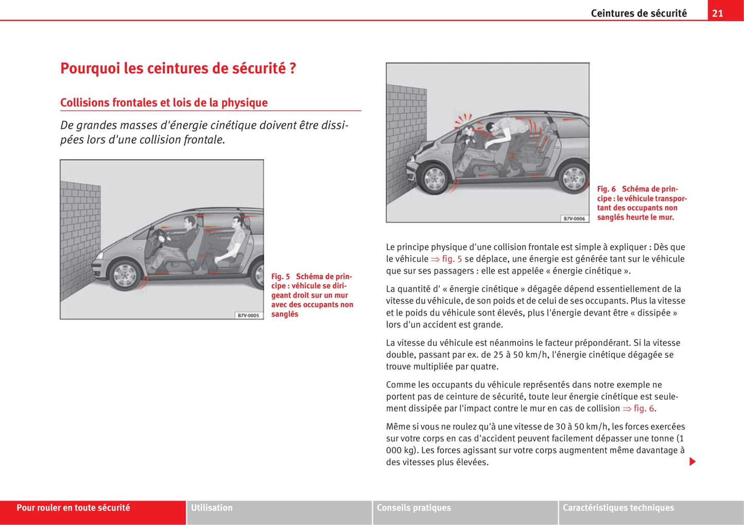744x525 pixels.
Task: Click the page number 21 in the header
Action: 717,13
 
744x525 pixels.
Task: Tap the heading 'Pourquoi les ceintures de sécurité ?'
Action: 178,69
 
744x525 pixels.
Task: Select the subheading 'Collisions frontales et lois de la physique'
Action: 164,103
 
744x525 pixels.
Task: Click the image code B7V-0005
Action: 248,315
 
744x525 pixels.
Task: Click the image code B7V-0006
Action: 574,218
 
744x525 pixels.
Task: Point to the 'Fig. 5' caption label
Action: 281,277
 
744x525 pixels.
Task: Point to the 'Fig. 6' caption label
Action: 607,189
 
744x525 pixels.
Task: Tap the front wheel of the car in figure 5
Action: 125,275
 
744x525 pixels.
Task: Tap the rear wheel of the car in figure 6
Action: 574,178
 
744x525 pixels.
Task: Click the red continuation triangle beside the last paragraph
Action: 693,462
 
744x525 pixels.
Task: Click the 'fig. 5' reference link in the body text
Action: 447,259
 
